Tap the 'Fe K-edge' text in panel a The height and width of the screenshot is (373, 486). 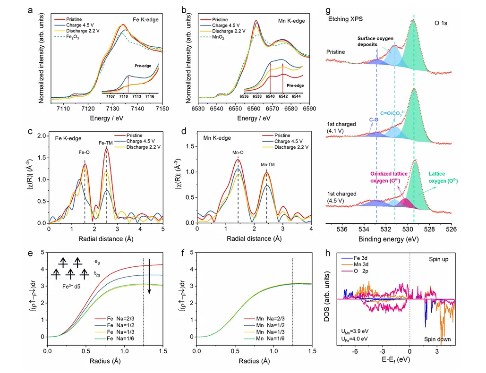click(x=145, y=21)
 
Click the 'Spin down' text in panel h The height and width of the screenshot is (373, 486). click(x=440, y=339)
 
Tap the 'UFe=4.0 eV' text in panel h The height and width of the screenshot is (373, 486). click(x=354, y=339)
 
